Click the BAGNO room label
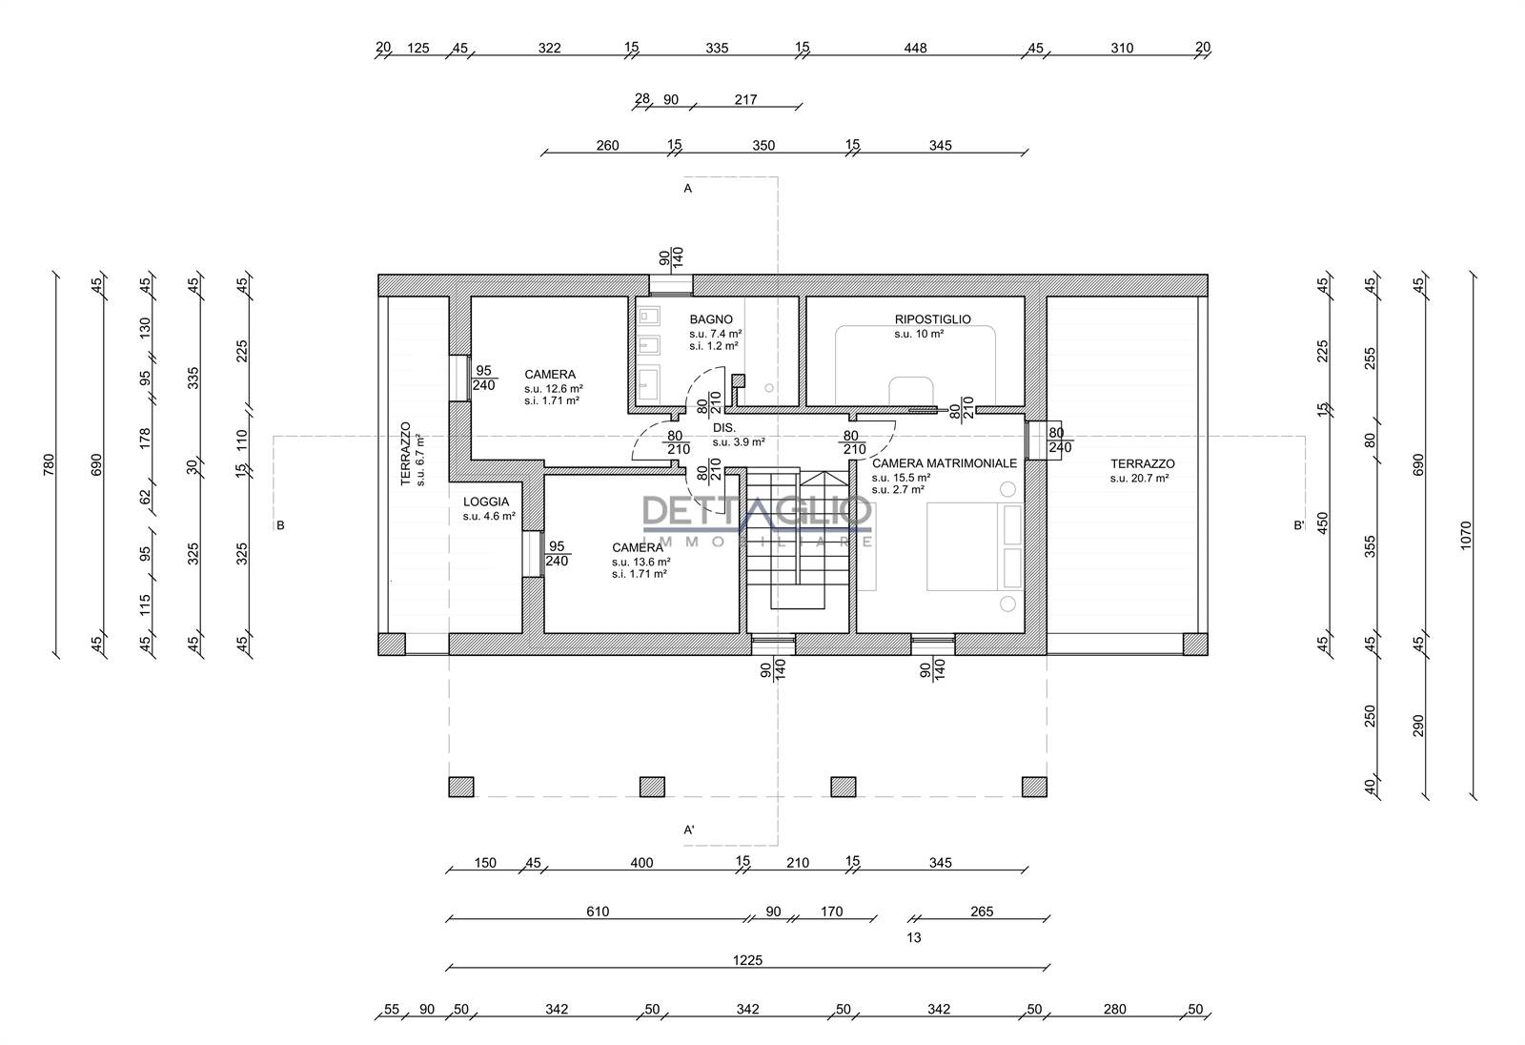coord(711,319)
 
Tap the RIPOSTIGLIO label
coord(932,319)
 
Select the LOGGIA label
coord(485,502)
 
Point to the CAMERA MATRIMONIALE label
coord(945,463)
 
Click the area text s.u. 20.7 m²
coord(1139,479)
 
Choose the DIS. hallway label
coord(723,428)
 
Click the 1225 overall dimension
coord(747,960)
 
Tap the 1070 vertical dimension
coord(1466,536)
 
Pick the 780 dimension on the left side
coord(49,465)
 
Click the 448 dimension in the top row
coord(915,49)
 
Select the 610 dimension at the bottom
coord(597,912)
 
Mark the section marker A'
coord(689,830)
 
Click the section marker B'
coord(1299,525)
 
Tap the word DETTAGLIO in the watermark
coord(757,511)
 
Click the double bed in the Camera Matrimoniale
coord(975,546)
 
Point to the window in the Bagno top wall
coord(671,285)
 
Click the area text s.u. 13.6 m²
coord(640,562)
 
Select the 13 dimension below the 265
coord(914,938)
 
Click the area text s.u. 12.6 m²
coord(554,389)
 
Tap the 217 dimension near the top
coord(745,99)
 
